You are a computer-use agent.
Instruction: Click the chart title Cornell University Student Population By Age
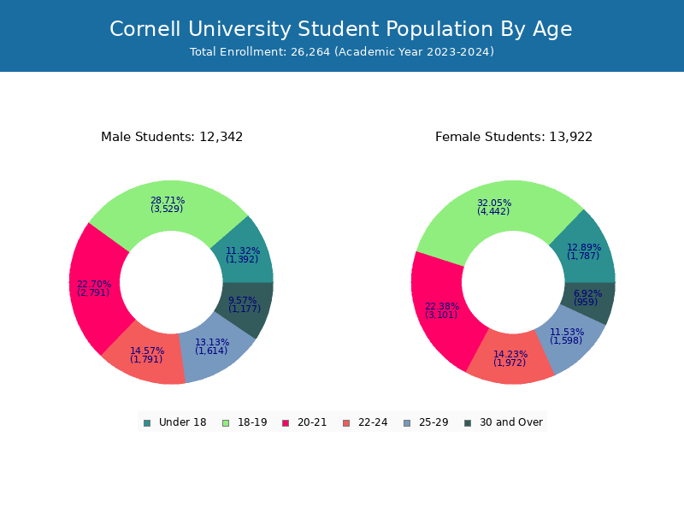tap(341, 29)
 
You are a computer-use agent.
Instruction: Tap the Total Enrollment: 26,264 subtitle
tap(341, 52)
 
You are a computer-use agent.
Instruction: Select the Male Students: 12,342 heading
tap(172, 137)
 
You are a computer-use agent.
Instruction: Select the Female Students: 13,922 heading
tap(514, 137)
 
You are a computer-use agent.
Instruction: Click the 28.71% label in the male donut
tap(168, 200)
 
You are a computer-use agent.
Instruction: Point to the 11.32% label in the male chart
tap(243, 251)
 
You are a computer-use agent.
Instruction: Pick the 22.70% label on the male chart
tap(94, 284)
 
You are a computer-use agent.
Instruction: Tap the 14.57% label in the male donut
tap(147, 351)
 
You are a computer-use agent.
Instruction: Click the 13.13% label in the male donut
tap(212, 342)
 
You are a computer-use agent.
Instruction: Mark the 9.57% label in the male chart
tap(243, 300)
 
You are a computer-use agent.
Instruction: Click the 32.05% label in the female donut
tap(494, 203)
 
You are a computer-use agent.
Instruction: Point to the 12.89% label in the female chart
tap(584, 247)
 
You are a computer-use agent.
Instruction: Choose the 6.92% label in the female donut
tap(587, 293)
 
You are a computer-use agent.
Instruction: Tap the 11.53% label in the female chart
tap(567, 332)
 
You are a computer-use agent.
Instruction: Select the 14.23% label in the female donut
tap(510, 354)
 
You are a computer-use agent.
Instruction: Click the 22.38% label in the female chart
tap(442, 306)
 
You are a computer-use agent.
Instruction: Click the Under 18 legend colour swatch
tap(147, 422)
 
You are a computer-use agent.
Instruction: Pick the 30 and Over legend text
tap(510, 422)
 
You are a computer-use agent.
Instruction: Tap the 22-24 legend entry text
tap(373, 422)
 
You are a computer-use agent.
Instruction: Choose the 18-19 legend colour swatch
tap(226, 422)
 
